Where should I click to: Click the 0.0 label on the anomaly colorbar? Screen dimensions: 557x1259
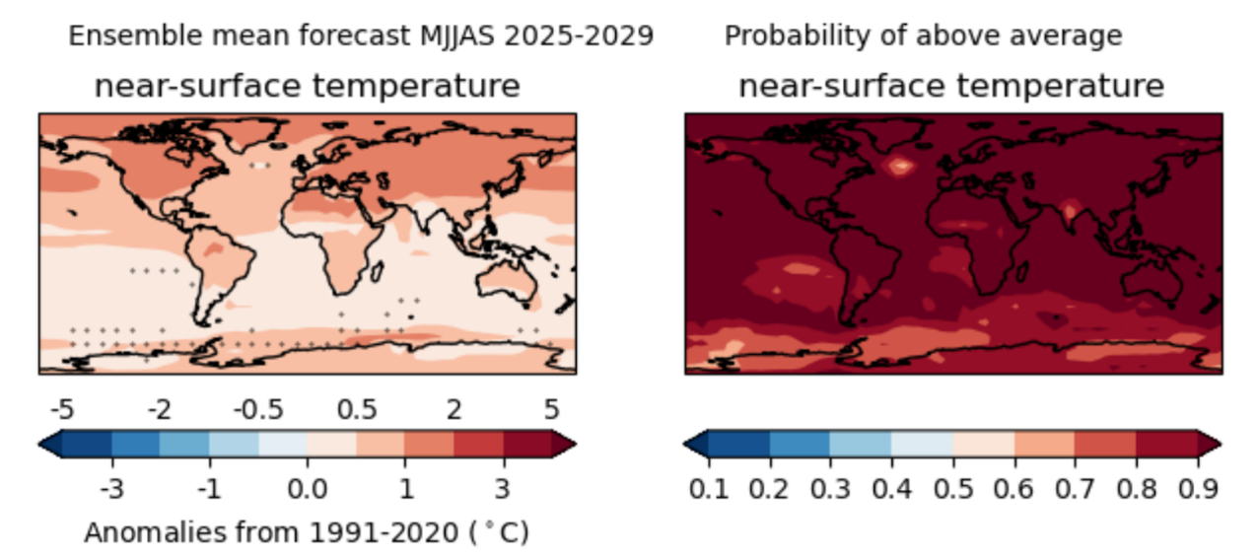[x=307, y=487]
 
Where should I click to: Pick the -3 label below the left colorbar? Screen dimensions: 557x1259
[x=111, y=487]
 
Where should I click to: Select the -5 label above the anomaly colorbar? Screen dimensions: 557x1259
[x=62, y=409]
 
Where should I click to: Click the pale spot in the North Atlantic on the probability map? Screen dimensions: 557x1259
[x=899, y=165]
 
